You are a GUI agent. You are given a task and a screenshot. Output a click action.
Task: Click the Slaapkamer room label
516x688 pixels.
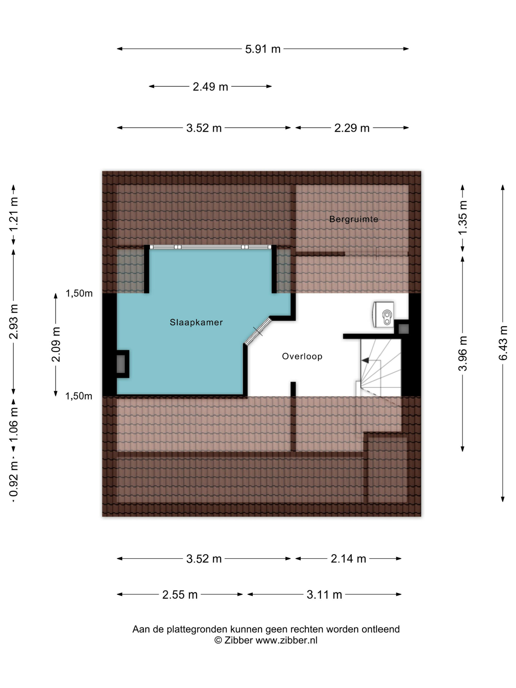point(196,322)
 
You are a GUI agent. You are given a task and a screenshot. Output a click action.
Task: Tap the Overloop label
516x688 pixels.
point(302,357)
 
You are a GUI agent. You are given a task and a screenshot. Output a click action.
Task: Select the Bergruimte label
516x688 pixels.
point(354,219)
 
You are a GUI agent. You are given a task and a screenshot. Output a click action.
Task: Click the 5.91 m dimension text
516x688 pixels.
point(263,49)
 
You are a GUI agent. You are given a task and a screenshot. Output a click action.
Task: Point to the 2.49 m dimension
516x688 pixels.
point(211,86)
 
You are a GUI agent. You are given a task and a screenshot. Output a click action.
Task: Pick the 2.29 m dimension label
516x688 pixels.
point(352,128)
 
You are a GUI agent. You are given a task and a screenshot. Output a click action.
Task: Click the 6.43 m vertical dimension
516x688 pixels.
point(503,343)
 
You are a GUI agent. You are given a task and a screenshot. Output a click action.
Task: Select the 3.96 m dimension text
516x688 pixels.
point(463,354)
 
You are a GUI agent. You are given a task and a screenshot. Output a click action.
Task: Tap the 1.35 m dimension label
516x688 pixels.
point(463,218)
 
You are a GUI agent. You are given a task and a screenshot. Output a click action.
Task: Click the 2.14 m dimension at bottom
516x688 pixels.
point(348,559)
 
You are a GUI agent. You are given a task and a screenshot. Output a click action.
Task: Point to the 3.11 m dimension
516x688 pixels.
point(324,595)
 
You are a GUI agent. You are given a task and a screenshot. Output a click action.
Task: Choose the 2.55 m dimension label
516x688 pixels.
point(180,595)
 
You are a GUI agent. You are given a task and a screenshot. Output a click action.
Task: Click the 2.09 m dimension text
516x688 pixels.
point(56,344)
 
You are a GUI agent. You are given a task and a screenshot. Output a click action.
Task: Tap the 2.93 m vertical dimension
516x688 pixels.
point(14,322)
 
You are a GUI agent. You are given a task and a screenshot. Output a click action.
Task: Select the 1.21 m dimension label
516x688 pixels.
point(14,214)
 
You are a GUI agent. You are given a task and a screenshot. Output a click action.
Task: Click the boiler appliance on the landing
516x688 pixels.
point(383,314)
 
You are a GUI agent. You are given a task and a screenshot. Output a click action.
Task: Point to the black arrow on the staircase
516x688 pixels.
point(365,360)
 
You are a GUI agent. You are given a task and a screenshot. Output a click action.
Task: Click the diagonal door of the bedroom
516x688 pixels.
point(258,331)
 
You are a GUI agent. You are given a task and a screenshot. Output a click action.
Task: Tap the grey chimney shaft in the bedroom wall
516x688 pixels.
point(121,364)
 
